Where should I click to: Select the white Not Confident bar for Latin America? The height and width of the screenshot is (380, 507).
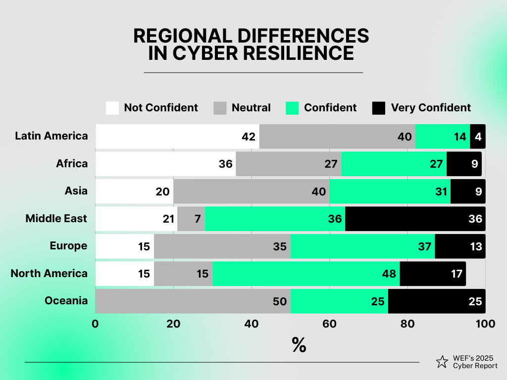[177, 136]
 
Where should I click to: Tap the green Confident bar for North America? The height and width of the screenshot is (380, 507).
[306, 274]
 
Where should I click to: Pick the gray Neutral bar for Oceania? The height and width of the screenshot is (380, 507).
[193, 301]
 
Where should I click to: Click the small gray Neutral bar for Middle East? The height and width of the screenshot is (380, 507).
[191, 219]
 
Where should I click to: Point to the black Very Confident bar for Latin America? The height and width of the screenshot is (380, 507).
[478, 136]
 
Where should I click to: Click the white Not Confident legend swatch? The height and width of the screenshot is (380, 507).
[112, 108]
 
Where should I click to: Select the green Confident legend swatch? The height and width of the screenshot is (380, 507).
[293, 108]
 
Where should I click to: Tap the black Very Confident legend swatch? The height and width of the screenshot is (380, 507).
[379, 108]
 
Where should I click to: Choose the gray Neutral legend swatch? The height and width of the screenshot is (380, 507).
[220, 108]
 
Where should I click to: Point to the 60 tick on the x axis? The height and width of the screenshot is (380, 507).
[329, 324]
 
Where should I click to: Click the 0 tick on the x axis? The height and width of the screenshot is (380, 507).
[95, 324]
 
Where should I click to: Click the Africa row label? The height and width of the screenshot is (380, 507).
[72, 164]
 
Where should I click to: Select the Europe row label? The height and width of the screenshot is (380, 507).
[69, 246]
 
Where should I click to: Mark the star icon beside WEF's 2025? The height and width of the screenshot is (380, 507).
[442, 362]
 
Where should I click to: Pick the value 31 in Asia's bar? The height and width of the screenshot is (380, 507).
[441, 191]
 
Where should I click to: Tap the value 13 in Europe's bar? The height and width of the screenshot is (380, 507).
[476, 246]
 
